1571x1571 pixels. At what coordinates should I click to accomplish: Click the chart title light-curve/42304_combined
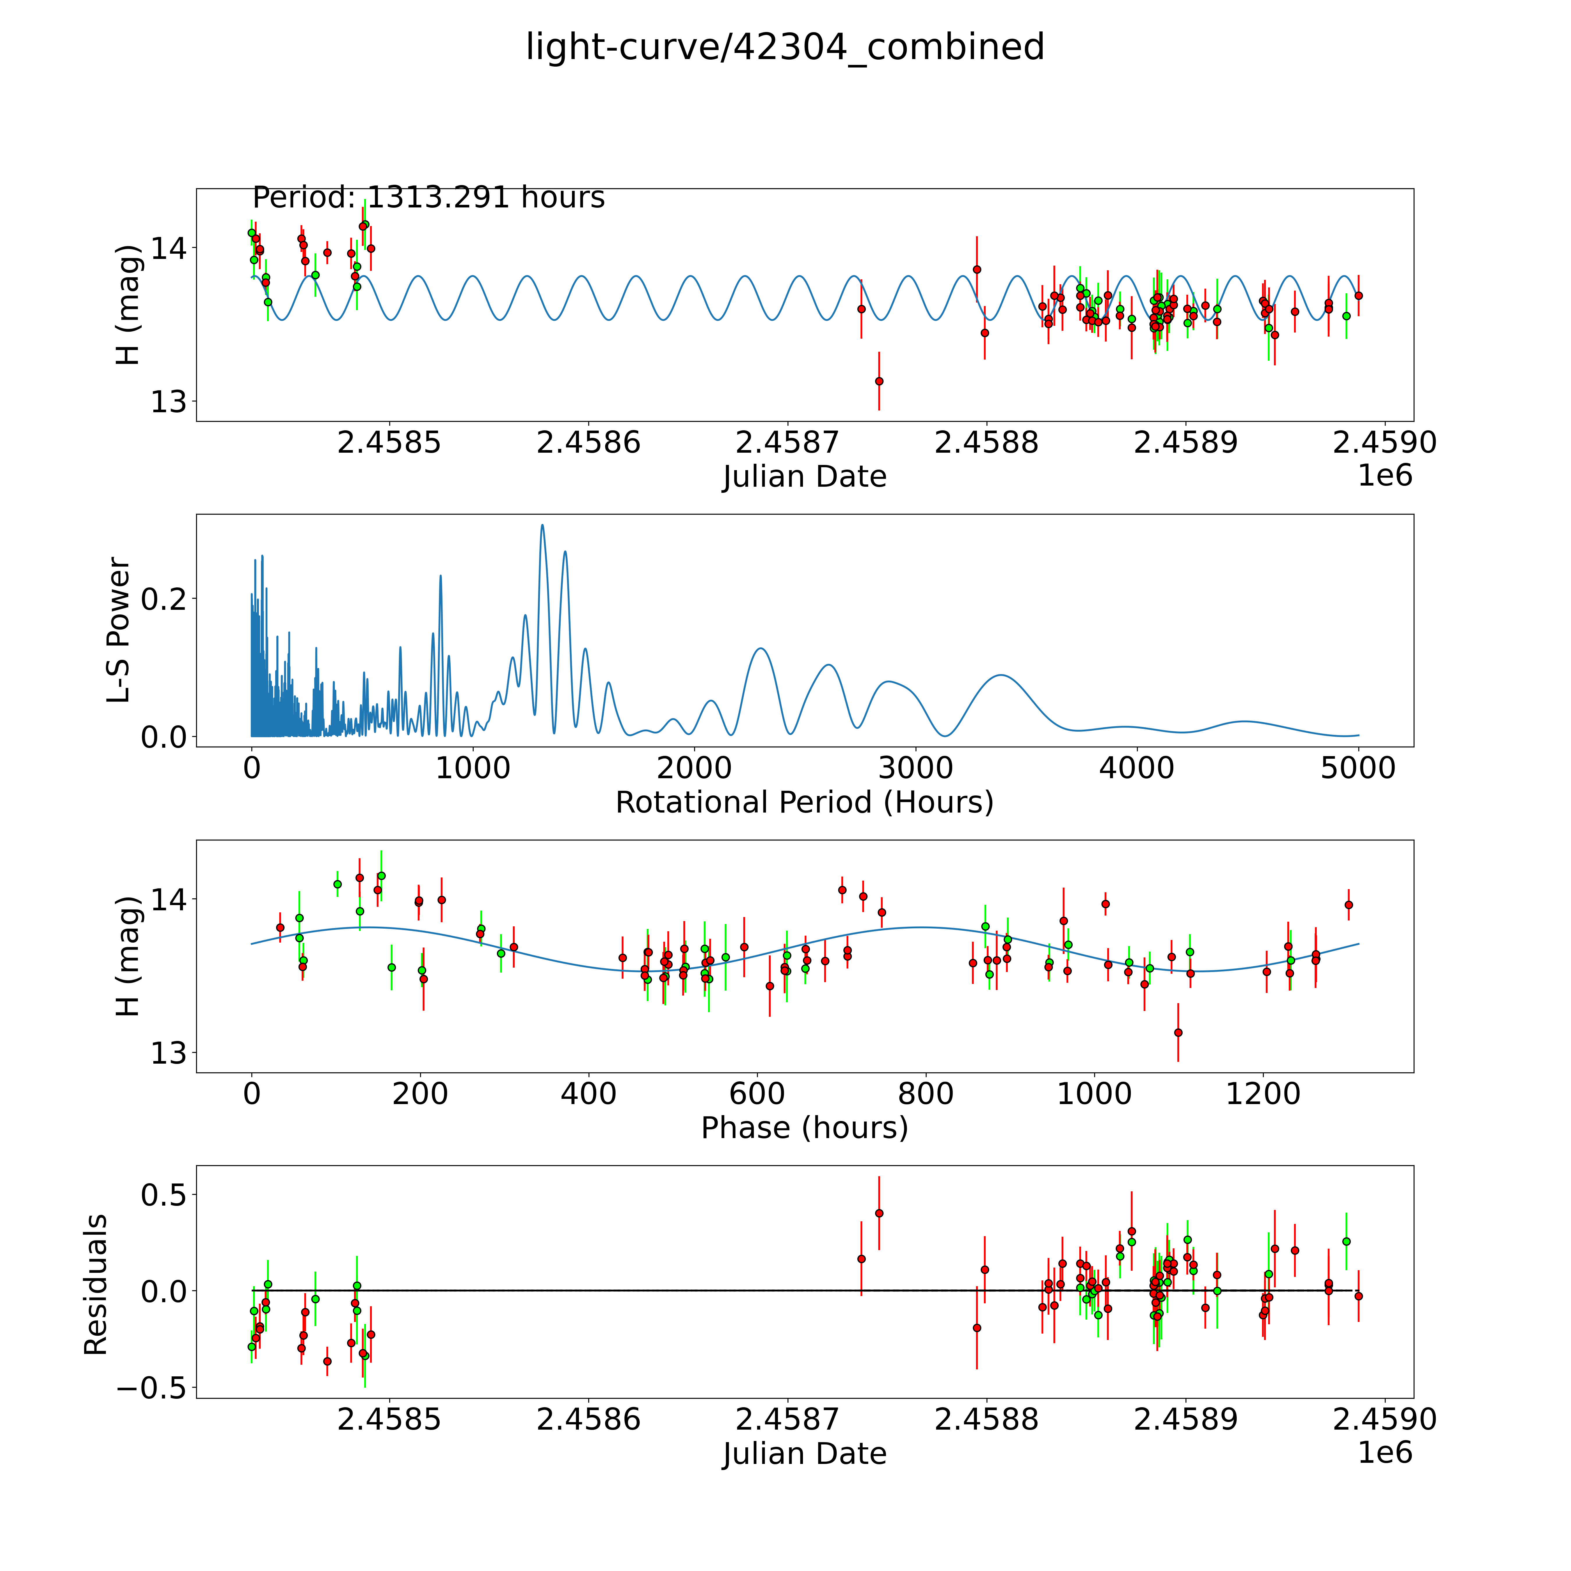785,47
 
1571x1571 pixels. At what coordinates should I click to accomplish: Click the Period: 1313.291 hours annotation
429,198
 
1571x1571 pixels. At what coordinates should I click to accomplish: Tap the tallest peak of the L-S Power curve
542,525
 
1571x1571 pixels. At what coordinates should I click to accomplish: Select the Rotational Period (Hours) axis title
804,803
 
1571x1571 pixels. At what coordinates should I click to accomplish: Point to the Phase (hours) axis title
804,1128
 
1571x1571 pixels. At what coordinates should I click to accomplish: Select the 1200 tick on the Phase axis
1263,1094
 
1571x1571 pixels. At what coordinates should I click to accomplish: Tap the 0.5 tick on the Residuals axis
163,1195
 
